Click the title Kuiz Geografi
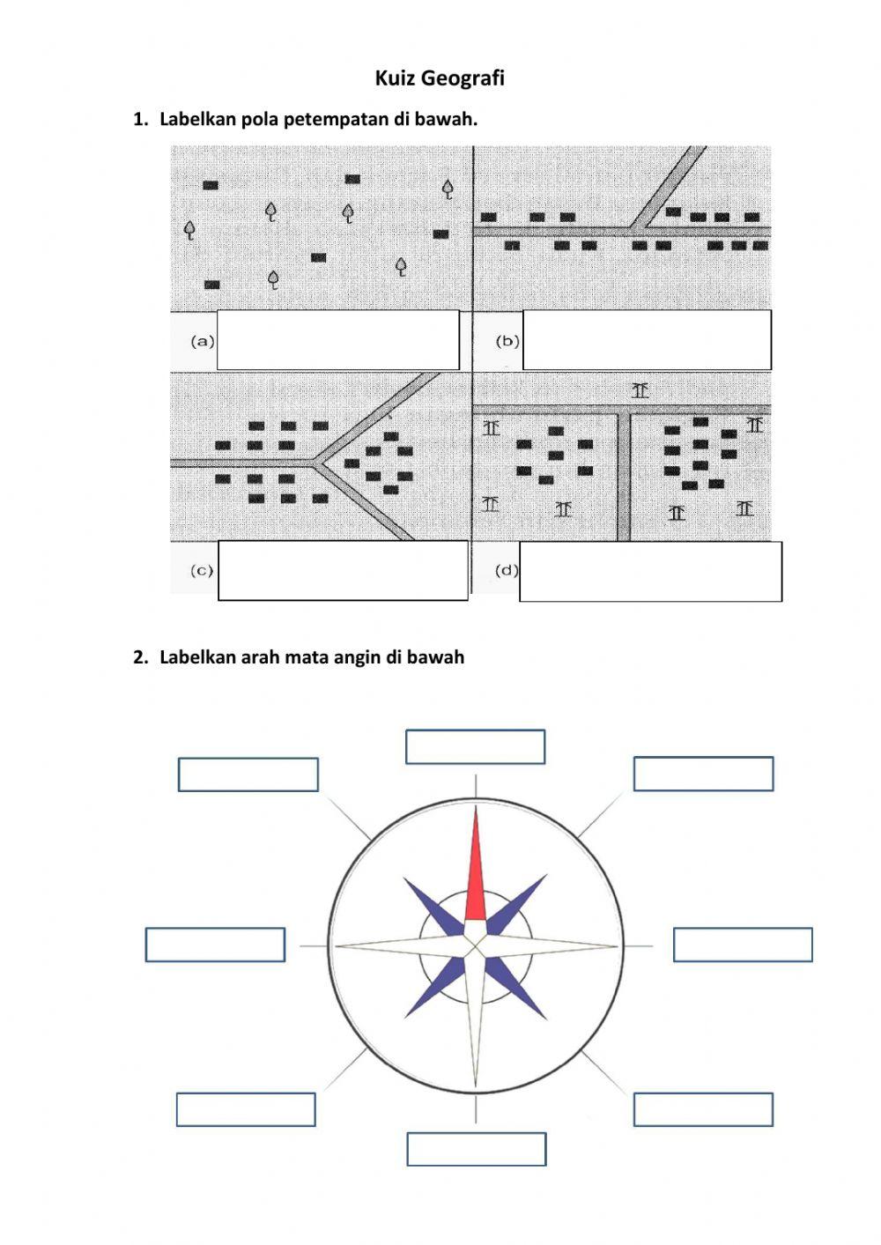440,78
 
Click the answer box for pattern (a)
337,340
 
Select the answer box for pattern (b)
647,340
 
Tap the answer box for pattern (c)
343,571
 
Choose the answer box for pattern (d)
650,572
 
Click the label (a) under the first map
203,341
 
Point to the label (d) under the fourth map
506,570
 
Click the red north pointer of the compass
476,868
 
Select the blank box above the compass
475,746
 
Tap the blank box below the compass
476,1149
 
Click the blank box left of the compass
215,945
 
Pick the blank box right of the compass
743,945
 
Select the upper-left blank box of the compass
248,774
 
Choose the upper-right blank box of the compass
703,774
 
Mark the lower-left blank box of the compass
246,1109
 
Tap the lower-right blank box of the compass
703,1109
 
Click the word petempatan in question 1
336,119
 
